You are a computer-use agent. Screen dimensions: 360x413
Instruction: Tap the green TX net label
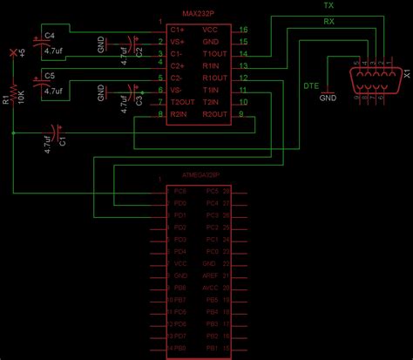click(x=328, y=6)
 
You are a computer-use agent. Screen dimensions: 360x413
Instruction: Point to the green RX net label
click(x=328, y=20)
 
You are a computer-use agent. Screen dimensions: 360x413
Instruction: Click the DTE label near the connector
click(x=310, y=85)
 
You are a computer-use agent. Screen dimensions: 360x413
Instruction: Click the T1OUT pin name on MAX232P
click(x=215, y=53)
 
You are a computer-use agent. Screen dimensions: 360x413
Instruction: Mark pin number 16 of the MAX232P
click(x=243, y=29)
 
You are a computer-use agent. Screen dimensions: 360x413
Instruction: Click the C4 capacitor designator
click(x=49, y=36)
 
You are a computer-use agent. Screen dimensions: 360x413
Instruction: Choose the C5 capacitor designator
click(x=49, y=77)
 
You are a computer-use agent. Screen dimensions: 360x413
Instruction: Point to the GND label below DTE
click(x=327, y=98)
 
